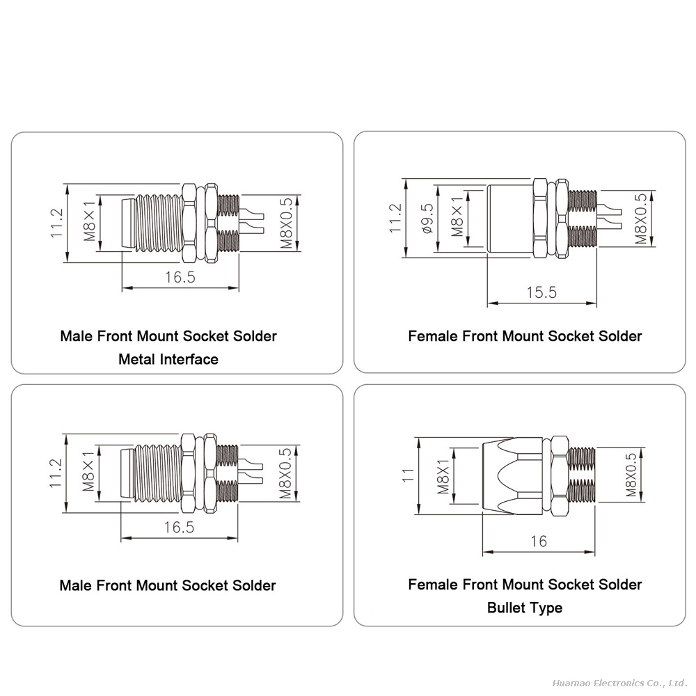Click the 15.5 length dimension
541,292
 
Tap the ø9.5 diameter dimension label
427,219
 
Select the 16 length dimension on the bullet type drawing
539,541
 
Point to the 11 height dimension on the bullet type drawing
407,475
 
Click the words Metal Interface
168,359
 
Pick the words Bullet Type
525,608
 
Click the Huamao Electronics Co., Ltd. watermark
619,683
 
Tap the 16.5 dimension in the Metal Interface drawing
180,277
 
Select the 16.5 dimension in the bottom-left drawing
179,528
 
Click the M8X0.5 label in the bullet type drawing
631,475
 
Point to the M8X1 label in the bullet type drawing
443,477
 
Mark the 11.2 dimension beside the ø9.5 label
395,218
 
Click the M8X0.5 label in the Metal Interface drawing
286,223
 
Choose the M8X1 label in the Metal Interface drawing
90,221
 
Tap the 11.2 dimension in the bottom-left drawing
56,473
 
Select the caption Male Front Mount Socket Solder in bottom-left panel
168,585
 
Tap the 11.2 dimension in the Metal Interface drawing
56,223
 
